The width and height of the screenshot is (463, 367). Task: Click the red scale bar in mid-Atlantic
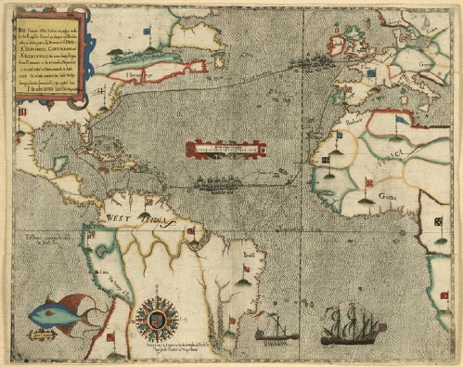pyautogui.click(x=223, y=148)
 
